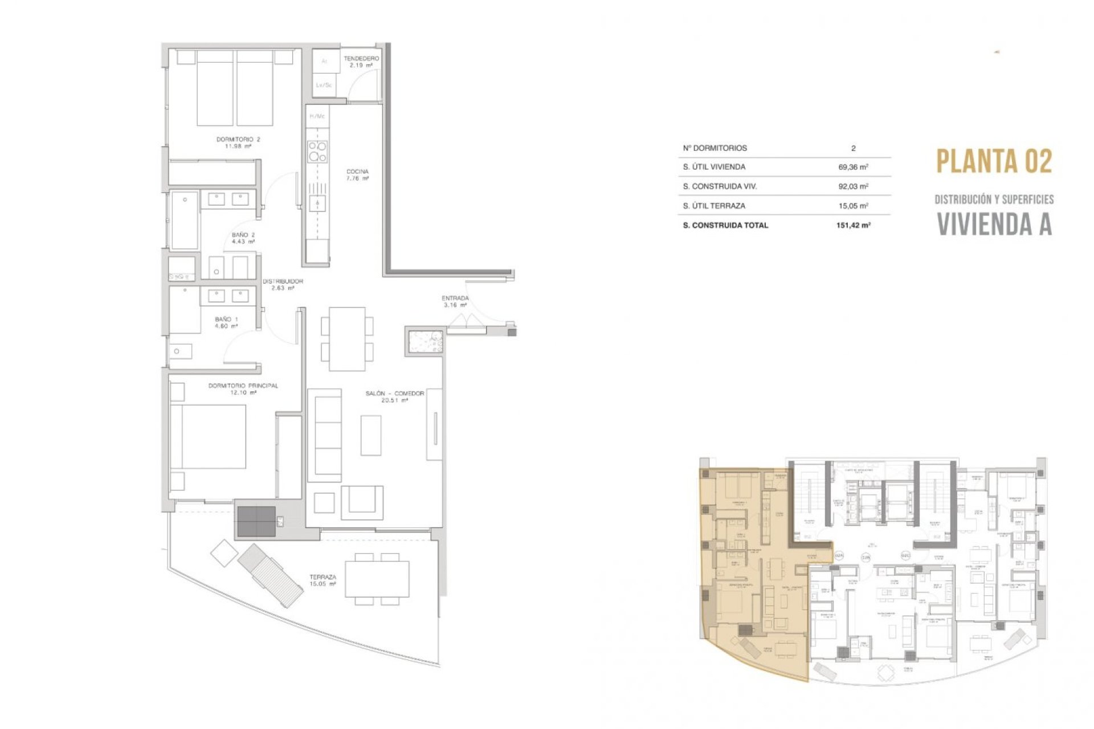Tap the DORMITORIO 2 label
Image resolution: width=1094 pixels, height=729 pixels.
[x=238, y=142]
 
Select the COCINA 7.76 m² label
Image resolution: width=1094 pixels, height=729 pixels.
[x=357, y=174]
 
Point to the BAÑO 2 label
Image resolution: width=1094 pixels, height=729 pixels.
[x=243, y=238]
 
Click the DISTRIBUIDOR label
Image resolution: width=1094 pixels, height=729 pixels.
[x=283, y=284]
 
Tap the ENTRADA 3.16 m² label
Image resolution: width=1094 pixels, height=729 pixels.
[x=455, y=301]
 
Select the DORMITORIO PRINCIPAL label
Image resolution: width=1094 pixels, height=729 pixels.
[x=243, y=389]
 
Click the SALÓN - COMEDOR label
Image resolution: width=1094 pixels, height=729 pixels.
[x=395, y=396]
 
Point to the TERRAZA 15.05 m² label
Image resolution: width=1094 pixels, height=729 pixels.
[x=323, y=580]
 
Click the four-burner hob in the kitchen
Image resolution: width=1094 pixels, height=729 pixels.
[x=317, y=152]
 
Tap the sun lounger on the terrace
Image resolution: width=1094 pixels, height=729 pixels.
[x=270, y=575]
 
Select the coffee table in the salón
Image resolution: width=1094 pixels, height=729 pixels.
[x=371, y=435]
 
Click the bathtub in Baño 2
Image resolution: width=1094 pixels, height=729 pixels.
[x=185, y=220]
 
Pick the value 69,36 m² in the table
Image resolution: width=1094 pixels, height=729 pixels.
[x=853, y=167]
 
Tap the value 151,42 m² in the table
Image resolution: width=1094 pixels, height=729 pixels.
[x=853, y=226]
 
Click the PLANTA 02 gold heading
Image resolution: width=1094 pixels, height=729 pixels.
[x=994, y=161]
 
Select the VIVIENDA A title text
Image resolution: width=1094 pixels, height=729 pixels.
[x=994, y=224]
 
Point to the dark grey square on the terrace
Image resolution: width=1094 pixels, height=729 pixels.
[x=256, y=521]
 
